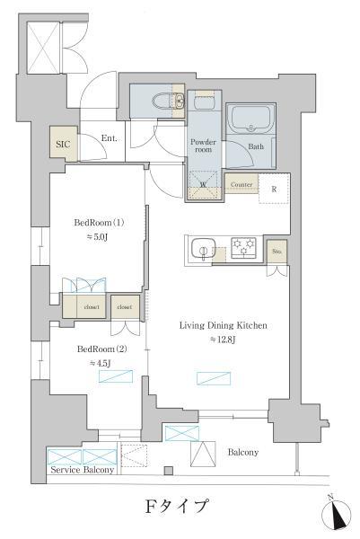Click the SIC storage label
(x=62, y=143)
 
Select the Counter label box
(x=241, y=185)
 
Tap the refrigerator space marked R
(x=274, y=189)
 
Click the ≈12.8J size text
(x=224, y=340)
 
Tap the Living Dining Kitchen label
(x=224, y=325)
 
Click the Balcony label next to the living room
(x=242, y=452)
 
